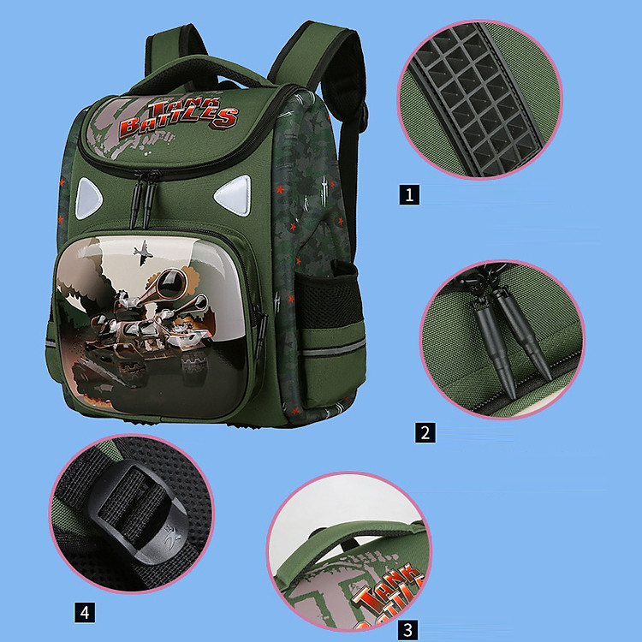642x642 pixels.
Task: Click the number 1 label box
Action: tap(409, 195)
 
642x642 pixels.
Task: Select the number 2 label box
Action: tap(425, 433)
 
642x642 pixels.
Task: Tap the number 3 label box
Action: tap(408, 630)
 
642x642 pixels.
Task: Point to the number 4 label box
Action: tap(85, 613)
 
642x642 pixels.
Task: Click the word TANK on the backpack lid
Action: tap(184, 105)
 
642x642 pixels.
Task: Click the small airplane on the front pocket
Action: tap(143, 253)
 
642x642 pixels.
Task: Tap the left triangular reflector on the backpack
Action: tap(87, 198)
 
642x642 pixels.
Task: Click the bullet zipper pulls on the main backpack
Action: tap(143, 199)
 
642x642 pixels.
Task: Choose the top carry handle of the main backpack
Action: tap(200, 74)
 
